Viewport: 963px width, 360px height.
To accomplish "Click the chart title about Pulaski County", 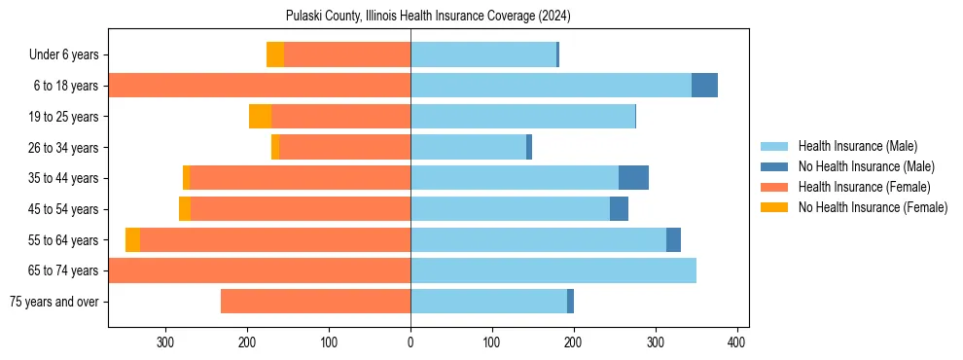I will (428, 17).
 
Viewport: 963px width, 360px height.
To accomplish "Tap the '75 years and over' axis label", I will (53, 302).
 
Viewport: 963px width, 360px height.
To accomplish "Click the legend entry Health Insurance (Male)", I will (851, 146).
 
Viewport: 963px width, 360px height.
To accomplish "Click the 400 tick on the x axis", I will (737, 342).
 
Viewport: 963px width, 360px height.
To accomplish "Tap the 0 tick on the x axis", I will (410, 342).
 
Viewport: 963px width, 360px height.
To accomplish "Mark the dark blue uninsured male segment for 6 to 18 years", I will (704, 86).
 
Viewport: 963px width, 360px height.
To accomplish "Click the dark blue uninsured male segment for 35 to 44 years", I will (633, 178).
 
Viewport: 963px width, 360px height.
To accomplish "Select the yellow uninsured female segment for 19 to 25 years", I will (260, 117).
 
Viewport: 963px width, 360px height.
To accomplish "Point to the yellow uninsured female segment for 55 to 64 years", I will (132, 239).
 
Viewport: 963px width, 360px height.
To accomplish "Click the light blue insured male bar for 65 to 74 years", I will (553, 270).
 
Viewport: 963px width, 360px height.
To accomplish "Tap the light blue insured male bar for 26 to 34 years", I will (468, 147).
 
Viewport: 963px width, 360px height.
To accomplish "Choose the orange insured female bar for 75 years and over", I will (315, 302).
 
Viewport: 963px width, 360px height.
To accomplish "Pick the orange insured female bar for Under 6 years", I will (347, 54).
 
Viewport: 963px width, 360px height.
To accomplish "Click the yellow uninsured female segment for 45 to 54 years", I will (185, 209).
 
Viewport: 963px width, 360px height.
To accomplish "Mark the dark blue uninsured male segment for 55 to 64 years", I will (673, 239).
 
